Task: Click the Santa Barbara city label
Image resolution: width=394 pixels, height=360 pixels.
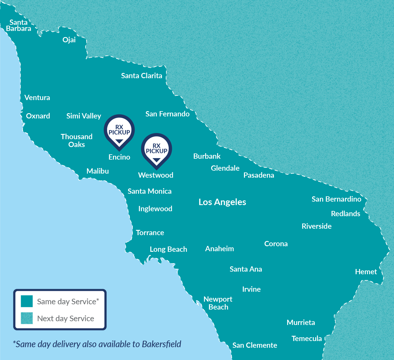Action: point(18,25)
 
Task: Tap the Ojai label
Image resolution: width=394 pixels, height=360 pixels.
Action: point(69,40)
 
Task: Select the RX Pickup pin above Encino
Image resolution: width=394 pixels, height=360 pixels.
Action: point(119,131)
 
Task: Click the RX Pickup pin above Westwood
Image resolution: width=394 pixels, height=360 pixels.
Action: point(156,149)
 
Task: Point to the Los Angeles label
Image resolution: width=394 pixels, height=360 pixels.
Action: point(222,202)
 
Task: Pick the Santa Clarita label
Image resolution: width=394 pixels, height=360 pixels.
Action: point(142,76)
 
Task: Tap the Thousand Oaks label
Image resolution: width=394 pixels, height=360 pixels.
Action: point(76,140)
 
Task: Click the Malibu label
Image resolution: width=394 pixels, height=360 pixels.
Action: point(97,171)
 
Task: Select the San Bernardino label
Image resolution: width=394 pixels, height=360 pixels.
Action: point(336,199)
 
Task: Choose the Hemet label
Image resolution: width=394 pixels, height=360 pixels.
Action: point(366,272)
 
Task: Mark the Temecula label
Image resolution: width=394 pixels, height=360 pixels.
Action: point(306,338)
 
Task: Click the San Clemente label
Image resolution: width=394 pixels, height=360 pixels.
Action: point(254,345)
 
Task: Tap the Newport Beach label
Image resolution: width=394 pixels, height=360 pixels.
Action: point(218,303)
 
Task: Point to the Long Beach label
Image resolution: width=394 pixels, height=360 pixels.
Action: point(168,249)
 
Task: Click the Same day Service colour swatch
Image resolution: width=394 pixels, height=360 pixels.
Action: point(27,301)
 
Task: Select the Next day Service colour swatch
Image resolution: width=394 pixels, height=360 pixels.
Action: point(27,318)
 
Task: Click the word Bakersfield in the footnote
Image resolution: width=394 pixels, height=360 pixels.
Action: point(161,344)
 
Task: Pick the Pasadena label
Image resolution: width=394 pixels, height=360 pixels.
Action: point(259,175)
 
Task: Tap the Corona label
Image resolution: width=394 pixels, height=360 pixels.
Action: point(276,244)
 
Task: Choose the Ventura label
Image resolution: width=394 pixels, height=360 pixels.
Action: point(37,97)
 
